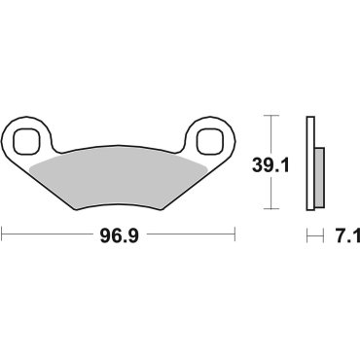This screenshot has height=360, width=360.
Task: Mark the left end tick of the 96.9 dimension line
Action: coord(3,234)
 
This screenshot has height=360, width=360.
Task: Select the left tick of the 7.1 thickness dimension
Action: coord(306,234)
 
